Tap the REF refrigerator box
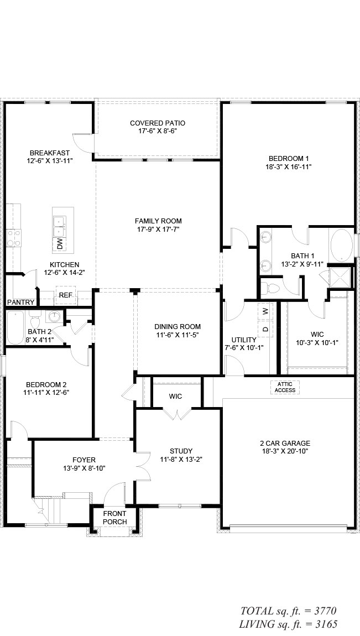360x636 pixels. click(x=66, y=295)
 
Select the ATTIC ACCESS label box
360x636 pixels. click(x=285, y=387)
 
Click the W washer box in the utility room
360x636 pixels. click(x=265, y=311)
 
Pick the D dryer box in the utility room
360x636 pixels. click(x=265, y=329)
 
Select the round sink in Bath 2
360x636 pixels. click(x=54, y=317)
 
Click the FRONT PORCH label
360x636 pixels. click(x=115, y=518)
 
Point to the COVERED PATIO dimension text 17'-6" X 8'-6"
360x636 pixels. click(x=157, y=132)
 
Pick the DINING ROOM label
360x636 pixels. click(x=177, y=326)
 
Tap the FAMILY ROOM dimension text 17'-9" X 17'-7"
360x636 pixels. click(x=158, y=229)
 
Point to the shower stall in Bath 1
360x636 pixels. click(x=340, y=275)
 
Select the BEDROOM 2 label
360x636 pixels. click(x=46, y=384)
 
